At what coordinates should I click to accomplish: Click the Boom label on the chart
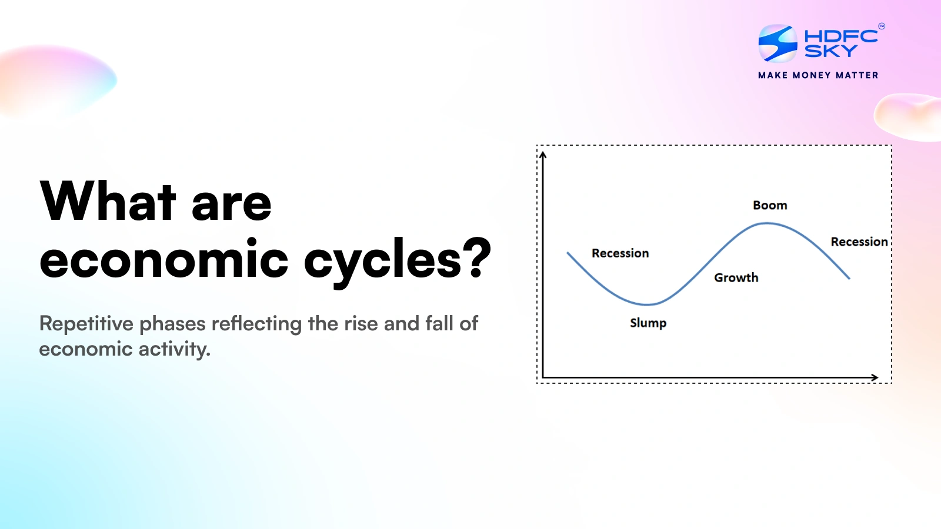tap(770, 205)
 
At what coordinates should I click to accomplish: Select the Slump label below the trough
tap(648, 323)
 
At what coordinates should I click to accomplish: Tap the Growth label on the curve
tap(736, 277)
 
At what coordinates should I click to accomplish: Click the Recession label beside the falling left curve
tap(620, 253)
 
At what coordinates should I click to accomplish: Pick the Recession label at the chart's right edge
tap(859, 242)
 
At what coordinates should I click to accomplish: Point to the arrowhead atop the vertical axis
tap(543, 155)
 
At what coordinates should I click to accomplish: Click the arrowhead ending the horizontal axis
tap(875, 377)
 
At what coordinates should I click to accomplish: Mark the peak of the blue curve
tap(767, 223)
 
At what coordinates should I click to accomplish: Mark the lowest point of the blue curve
tap(647, 304)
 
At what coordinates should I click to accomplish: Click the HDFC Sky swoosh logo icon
tap(778, 43)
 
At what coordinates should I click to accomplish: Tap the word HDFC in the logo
tap(840, 36)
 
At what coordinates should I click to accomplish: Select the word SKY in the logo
tap(830, 52)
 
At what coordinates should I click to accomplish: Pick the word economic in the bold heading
tap(163, 259)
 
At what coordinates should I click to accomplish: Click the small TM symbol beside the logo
tap(881, 26)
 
